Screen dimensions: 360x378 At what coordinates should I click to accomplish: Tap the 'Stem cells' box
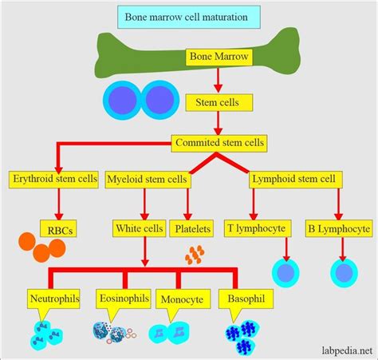click(x=212, y=101)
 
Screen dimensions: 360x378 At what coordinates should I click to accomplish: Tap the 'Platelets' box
click(x=191, y=229)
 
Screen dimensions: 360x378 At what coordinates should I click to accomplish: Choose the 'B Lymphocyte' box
click(x=338, y=229)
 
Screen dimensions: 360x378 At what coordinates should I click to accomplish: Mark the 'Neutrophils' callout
click(x=53, y=297)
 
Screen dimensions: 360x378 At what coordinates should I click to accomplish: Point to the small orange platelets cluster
click(x=195, y=255)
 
